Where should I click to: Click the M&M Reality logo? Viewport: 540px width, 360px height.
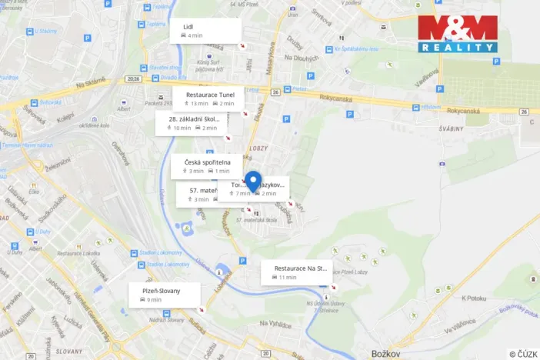(x=458, y=32)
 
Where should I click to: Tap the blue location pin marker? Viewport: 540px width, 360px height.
(x=253, y=182)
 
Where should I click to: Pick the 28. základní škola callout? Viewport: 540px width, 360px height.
(x=193, y=123)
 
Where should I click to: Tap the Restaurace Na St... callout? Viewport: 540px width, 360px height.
(x=295, y=272)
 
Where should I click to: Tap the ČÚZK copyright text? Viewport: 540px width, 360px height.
(x=523, y=353)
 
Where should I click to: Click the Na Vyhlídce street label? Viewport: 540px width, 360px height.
(x=275, y=324)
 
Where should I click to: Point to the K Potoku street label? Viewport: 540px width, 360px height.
(x=475, y=298)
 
